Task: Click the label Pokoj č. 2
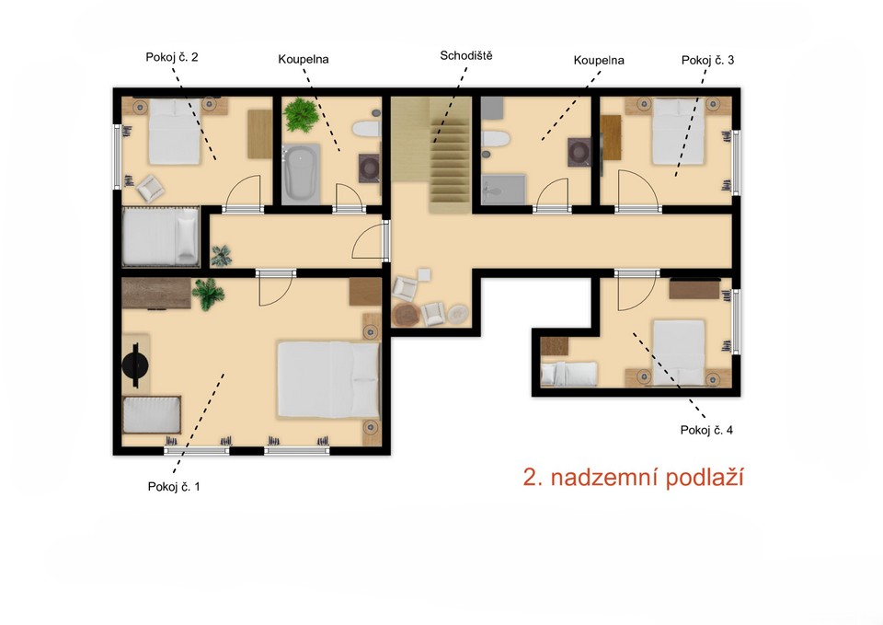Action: [172, 57]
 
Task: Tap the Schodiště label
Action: [466, 55]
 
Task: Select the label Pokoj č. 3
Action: [708, 61]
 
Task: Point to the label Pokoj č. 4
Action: [706, 430]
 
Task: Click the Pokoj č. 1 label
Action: [174, 486]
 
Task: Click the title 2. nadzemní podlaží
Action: [634, 478]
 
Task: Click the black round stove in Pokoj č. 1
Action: [135, 365]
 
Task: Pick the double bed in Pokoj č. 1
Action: [328, 379]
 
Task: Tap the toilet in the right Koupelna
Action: [496, 139]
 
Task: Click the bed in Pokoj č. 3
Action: [678, 132]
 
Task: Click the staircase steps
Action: [450, 155]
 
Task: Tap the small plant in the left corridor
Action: [222, 255]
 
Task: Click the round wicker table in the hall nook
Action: [405, 315]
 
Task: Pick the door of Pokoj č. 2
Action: [243, 193]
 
